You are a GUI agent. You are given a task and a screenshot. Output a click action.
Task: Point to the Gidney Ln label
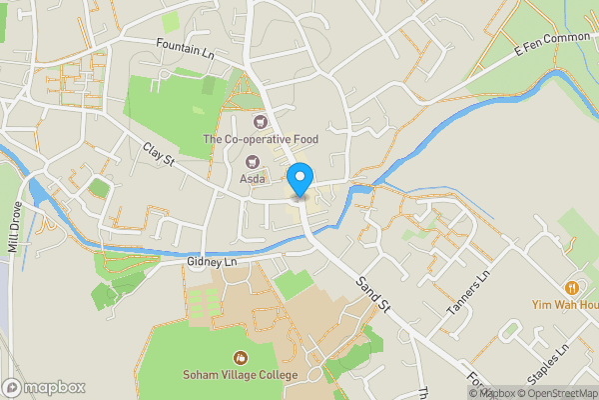211,262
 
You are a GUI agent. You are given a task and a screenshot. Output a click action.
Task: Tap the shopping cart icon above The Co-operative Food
260,122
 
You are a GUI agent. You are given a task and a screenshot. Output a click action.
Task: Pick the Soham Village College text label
240,375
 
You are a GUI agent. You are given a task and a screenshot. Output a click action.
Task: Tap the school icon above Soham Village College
240,357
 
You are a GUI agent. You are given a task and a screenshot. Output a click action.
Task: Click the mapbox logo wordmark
44,387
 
